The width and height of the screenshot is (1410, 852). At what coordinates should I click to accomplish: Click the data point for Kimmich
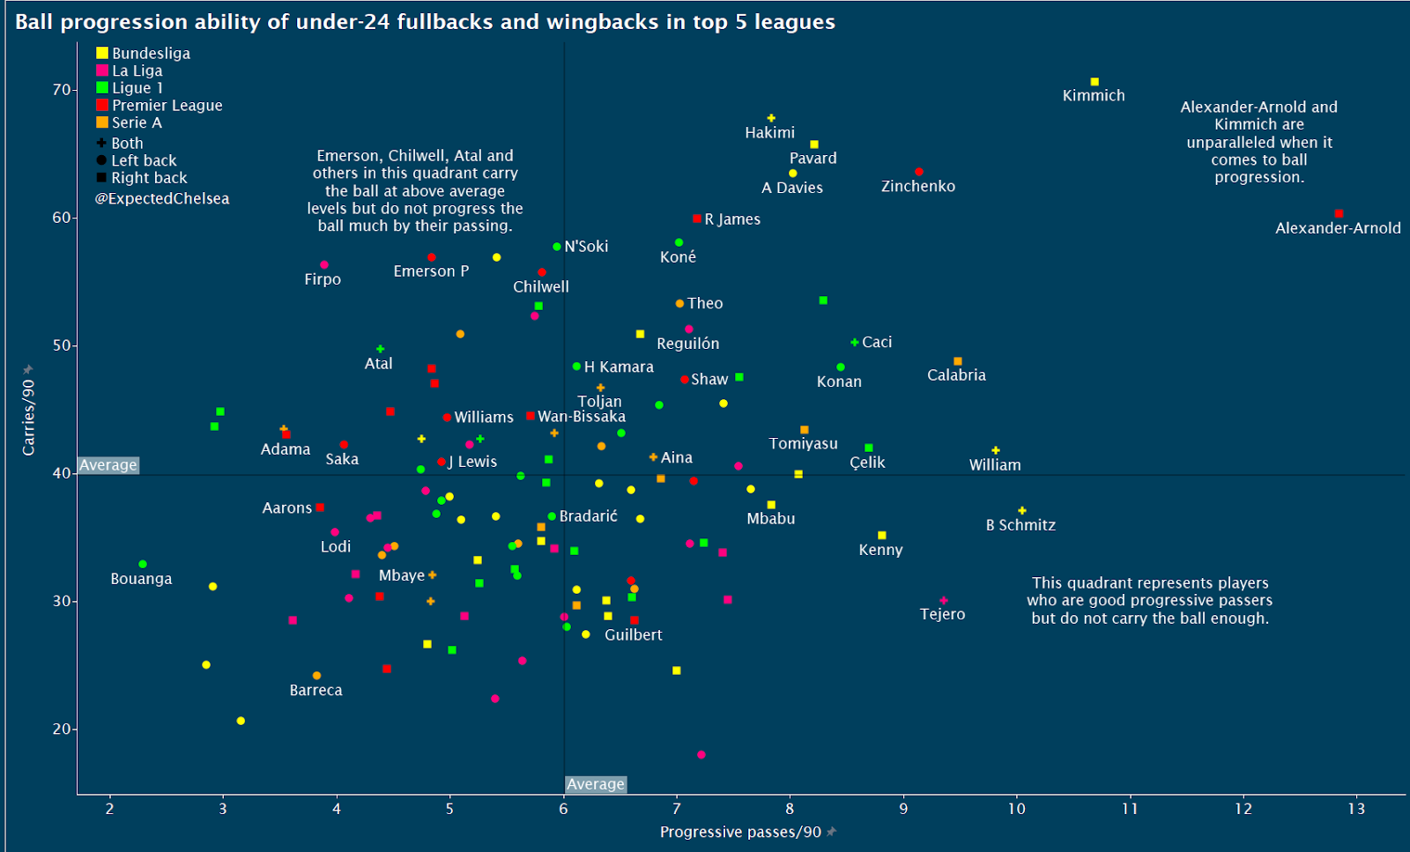1095,82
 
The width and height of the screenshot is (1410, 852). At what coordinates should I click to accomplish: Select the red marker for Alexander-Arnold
1339,214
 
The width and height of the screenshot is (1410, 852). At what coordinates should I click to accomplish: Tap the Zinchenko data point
919,172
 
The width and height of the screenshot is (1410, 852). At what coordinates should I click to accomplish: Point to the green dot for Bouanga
143,564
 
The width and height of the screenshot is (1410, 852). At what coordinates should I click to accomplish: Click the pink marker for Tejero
944,601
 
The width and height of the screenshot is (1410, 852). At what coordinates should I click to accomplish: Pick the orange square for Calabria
958,361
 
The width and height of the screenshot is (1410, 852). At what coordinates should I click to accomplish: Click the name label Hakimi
769,133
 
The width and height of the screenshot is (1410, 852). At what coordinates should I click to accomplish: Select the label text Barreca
315,691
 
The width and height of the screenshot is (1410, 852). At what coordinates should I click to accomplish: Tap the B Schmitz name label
1020,525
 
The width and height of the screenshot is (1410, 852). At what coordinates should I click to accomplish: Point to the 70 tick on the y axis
62,90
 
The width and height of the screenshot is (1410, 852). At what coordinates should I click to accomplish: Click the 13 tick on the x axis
1356,809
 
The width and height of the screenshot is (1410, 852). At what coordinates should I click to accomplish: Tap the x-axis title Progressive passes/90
740,833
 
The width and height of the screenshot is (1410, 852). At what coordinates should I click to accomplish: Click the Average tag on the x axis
596,784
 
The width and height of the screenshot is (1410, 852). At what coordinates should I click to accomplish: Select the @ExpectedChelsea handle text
162,199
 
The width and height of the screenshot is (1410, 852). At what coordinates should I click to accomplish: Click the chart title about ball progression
425,22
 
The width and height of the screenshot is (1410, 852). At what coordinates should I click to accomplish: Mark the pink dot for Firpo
324,265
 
